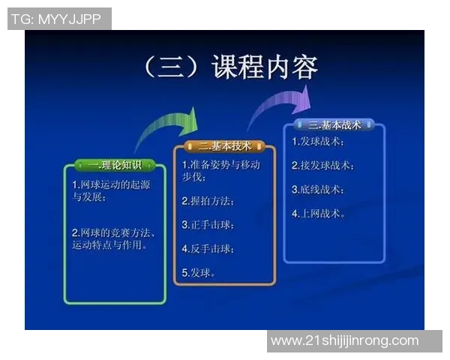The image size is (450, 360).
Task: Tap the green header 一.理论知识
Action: [115, 165]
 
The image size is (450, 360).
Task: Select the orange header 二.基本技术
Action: [225, 145]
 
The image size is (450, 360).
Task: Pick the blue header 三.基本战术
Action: [334, 125]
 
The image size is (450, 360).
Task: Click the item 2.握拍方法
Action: [208, 201]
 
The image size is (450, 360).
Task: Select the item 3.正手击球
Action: [208, 224]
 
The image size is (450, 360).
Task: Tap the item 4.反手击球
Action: [208, 248]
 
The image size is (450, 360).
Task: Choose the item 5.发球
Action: [199, 272]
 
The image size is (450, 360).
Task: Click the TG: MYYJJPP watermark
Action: [59, 19]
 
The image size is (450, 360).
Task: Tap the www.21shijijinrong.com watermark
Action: [344, 340]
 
